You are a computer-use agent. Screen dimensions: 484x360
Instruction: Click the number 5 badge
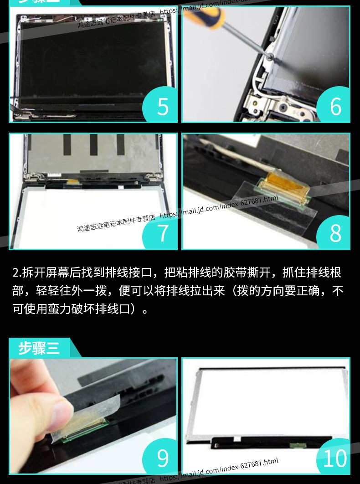[163, 106]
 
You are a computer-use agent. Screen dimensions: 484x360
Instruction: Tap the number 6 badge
[335, 106]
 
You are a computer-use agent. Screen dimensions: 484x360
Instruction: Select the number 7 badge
[163, 233]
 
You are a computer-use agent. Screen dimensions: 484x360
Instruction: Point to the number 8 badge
[335, 233]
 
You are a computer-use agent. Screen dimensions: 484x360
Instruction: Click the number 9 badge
[163, 458]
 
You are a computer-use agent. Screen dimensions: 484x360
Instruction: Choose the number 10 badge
[334, 458]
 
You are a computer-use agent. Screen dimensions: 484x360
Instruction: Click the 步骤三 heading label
[39, 348]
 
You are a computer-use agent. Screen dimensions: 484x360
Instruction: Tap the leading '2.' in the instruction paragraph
[16, 273]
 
